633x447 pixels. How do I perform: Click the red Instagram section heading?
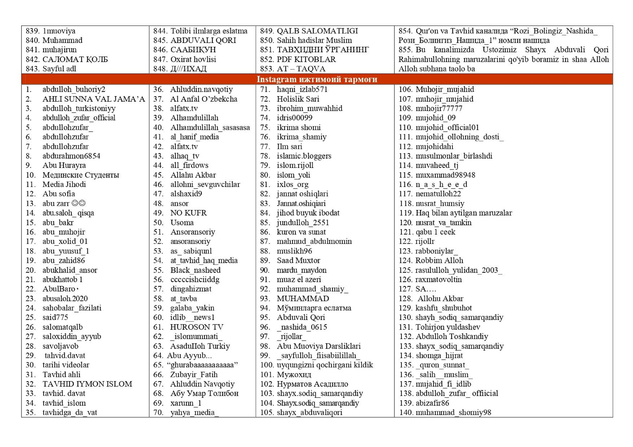[317, 79]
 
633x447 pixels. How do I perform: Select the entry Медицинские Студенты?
[80, 175]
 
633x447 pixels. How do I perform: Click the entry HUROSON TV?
[196, 327]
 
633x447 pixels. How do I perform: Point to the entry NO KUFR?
[188, 213]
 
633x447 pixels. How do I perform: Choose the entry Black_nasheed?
[195, 270]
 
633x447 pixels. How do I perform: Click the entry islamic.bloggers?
[304, 156]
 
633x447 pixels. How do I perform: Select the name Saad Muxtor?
[298, 260]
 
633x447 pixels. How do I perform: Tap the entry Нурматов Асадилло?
[312, 384]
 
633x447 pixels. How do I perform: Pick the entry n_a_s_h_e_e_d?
[441, 184]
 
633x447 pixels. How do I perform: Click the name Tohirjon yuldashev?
[448, 327]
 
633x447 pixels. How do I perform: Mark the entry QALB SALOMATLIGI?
[317, 31]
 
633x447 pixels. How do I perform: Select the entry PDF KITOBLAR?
[306, 59]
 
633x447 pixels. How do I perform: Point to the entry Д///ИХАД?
[188, 69]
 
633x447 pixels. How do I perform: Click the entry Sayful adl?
[59, 69]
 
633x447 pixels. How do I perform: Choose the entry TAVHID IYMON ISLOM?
[87, 384]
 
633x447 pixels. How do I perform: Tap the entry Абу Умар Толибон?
[204, 393]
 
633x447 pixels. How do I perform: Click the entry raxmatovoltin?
[438, 279]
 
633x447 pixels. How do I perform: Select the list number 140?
[405, 412]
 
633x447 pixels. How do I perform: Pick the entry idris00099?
[294, 118]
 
